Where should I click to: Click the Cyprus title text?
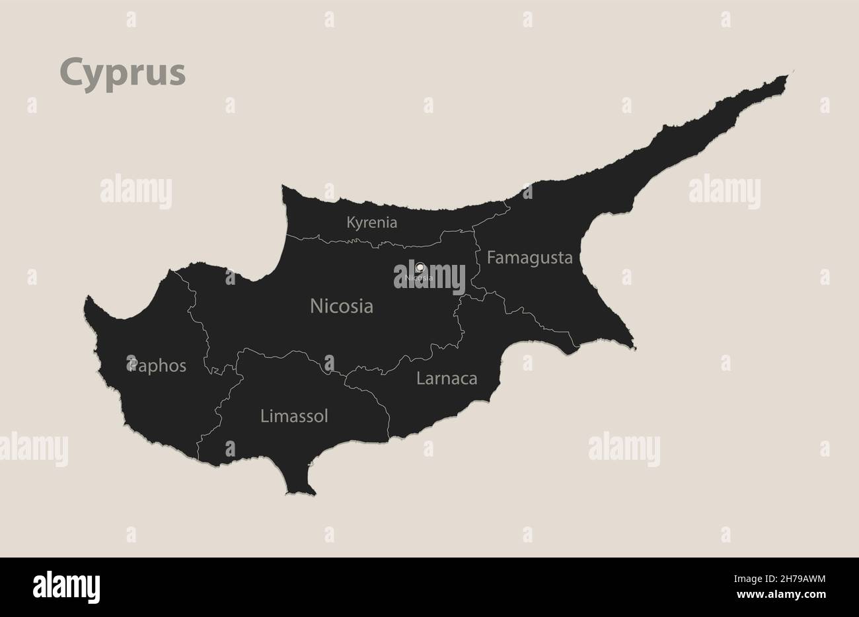[x=123, y=73]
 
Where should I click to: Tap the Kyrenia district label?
[x=372, y=223]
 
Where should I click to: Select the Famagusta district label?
[x=529, y=258]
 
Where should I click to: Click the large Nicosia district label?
[x=342, y=306]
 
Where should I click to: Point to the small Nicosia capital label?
[x=420, y=278]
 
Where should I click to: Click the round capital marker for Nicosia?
[x=420, y=267]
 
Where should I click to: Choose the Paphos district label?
[x=157, y=365]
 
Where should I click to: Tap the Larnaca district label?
[x=447, y=379]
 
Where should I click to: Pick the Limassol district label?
[x=294, y=416]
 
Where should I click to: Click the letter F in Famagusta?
[x=492, y=258]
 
